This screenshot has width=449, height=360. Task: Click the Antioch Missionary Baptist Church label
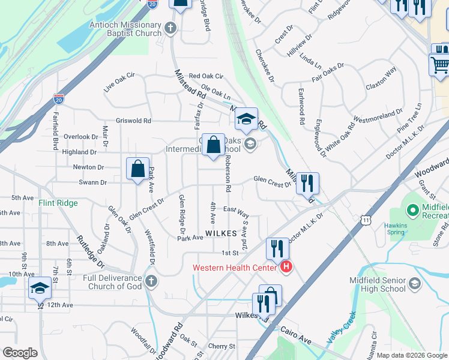click(125, 29)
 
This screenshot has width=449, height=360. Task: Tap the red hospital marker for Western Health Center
click(286, 267)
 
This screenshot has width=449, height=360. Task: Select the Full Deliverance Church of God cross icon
click(151, 281)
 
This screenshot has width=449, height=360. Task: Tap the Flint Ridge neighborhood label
click(58, 203)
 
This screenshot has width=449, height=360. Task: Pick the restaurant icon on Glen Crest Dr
click(307, 183)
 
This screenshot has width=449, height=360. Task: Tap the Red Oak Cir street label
click(206, 76)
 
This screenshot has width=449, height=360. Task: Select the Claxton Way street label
click(381, 86)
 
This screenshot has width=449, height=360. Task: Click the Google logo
click(20, 353)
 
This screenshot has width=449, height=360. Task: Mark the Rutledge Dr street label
click(90, 251)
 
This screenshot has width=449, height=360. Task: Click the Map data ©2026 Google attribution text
click(411, 355)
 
